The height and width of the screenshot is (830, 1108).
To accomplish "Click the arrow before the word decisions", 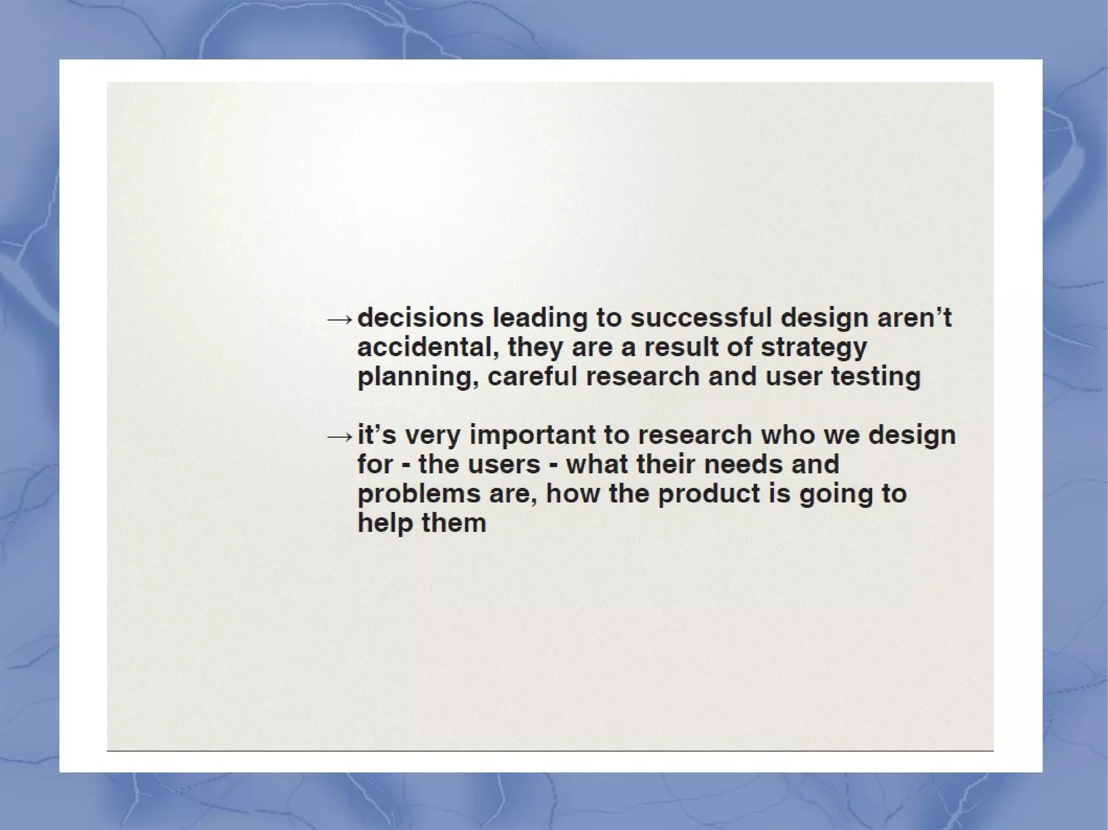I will coord(340,319).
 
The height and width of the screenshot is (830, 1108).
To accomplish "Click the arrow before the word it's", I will coord(340,436).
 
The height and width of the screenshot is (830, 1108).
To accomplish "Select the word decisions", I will coord(420,317).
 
